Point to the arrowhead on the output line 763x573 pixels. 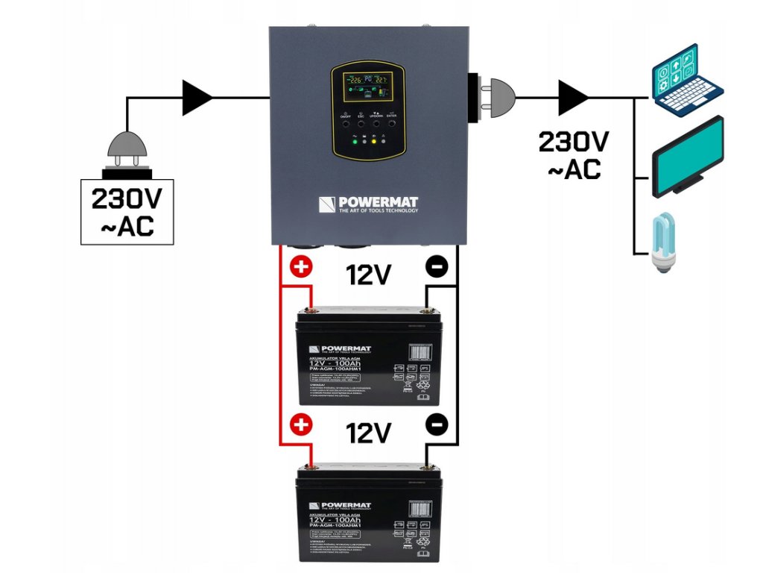click(x=573, y=97)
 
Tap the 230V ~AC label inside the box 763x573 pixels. click(x=127, y=212)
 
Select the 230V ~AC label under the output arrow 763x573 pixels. click(x=573, y=154)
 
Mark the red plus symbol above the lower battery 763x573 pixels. click(x=301, y=425)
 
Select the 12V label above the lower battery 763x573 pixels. click(x=369, y=433)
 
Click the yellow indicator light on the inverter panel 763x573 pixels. click(x=373, y=140)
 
